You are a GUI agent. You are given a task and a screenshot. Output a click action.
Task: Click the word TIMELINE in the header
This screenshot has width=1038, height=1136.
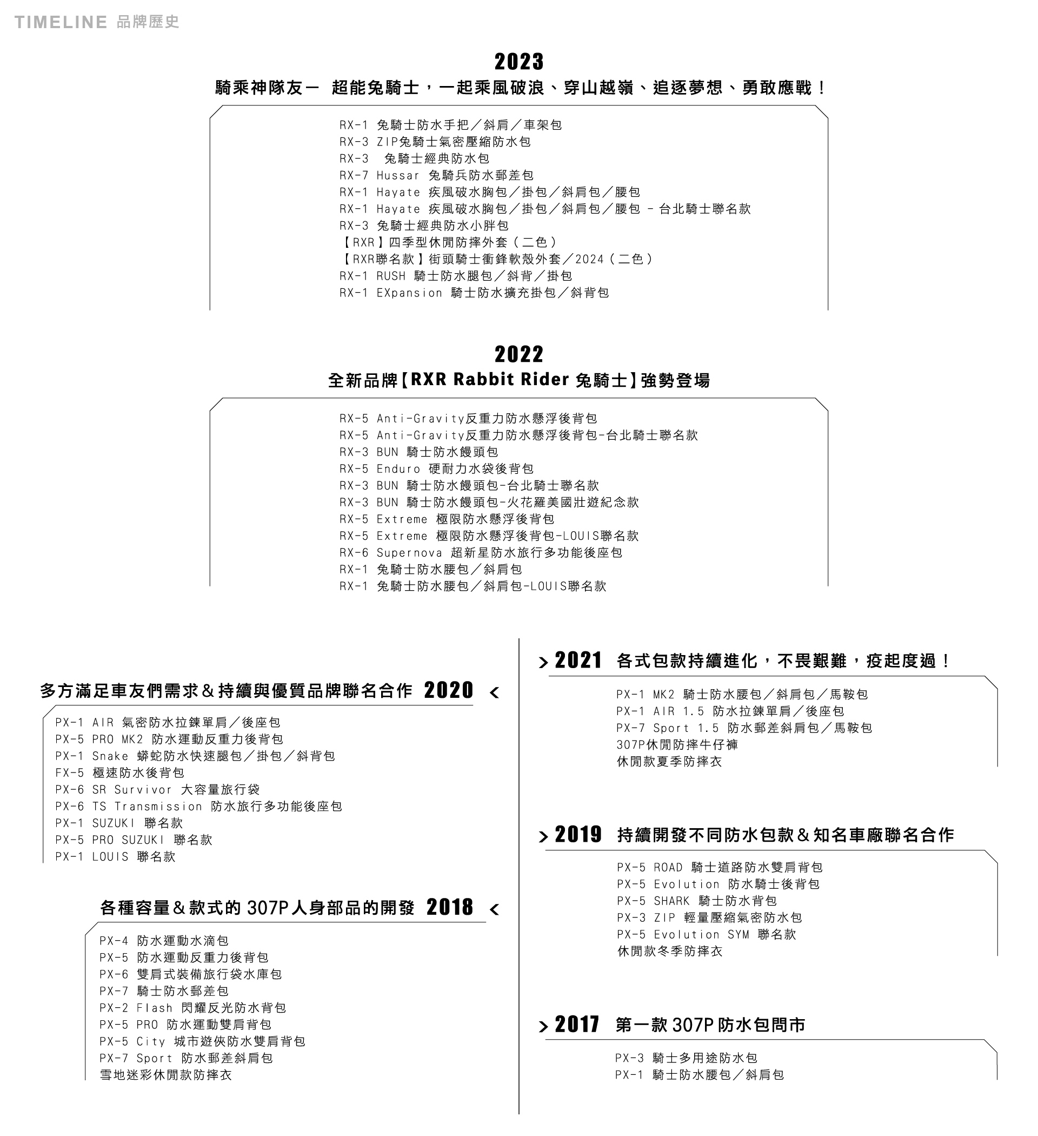61,22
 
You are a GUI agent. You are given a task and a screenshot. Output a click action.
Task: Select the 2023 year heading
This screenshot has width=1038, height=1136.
518,62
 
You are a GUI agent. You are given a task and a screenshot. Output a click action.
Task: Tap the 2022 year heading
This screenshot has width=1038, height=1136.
518,354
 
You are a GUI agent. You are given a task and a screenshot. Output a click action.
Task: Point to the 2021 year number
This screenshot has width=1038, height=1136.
578,660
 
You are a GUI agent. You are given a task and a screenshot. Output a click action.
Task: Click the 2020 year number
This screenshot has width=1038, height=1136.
448,690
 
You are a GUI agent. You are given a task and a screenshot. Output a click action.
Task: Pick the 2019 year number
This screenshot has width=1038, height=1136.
578,835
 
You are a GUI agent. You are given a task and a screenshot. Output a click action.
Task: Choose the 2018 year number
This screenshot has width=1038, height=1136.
449,907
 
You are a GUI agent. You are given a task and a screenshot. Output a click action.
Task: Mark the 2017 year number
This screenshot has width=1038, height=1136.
577,1024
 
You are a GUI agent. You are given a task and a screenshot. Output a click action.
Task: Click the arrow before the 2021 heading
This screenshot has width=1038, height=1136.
543,662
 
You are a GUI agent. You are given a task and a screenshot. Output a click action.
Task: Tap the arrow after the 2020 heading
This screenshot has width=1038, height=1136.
495,692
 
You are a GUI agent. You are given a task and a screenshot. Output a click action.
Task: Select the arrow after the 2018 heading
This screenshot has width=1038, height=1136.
495,909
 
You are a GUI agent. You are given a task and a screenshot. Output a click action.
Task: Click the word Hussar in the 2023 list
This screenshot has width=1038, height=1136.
397,175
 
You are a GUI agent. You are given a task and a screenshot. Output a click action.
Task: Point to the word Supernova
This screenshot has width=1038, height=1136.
409,553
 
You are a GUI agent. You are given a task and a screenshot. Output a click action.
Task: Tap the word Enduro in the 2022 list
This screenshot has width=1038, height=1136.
398,469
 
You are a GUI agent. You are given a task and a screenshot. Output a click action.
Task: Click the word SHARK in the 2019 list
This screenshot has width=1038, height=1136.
671,901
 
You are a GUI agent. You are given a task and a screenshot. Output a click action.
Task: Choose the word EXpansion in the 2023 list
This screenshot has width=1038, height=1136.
409,293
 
